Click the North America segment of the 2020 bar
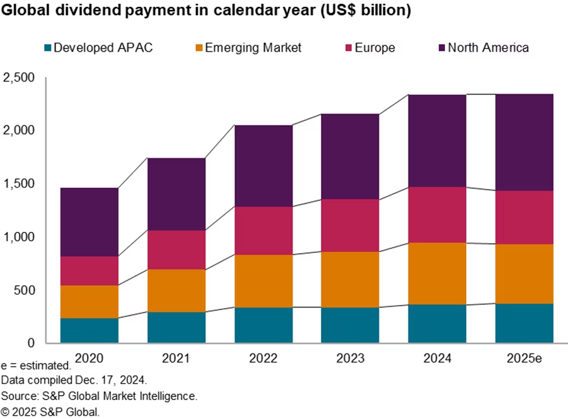click(x=89, y=222)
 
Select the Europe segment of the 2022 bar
click(x=263, y=231)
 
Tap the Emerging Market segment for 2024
click(x=436, y=273)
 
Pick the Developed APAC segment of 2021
click(x=176, y=328)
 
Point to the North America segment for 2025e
click(x=524, y=142)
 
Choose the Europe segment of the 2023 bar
click(x=350, y=226)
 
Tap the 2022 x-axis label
click(x=263, y=359)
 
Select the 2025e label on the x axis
click(x=525, y=359)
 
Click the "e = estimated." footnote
click(x=36, y=365)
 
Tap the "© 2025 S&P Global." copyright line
click(x=50, y=411)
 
